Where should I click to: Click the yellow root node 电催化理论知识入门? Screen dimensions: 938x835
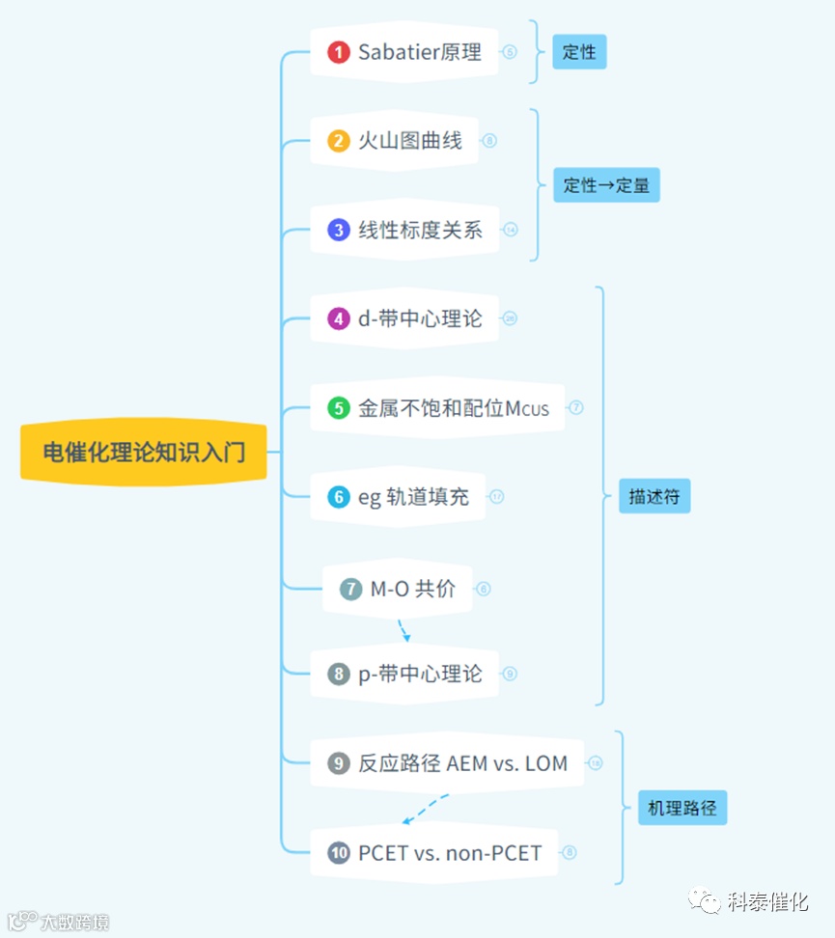tap(144, 452)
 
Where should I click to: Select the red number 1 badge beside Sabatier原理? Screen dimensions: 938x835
tap(338, 52)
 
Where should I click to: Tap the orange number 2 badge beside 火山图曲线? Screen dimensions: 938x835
tap(338, 141)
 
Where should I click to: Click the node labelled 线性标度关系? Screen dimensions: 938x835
tap(420, 230)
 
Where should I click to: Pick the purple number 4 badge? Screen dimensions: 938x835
tap(338, 318)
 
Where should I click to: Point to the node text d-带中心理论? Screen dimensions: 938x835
tap(420, 318)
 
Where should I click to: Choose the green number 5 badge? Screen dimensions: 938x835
tap(338, 407)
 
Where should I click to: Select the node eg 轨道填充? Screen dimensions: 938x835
tap(413, 497)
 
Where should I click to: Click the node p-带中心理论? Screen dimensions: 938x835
tap(420, 674)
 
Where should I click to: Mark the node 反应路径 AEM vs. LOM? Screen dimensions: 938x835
tap(462, 763)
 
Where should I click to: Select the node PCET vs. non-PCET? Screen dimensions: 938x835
tap(449, 853)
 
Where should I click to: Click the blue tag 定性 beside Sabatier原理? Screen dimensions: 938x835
tap(579, 52)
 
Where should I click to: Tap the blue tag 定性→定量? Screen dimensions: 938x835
tap(606, 185)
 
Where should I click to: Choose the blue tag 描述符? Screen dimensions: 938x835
tap(654, 497)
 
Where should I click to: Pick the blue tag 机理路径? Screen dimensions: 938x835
tap(682, 808)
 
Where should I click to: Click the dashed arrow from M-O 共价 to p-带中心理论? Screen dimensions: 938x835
tap(404, 630)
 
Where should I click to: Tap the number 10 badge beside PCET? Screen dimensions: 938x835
tap(338, 853)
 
